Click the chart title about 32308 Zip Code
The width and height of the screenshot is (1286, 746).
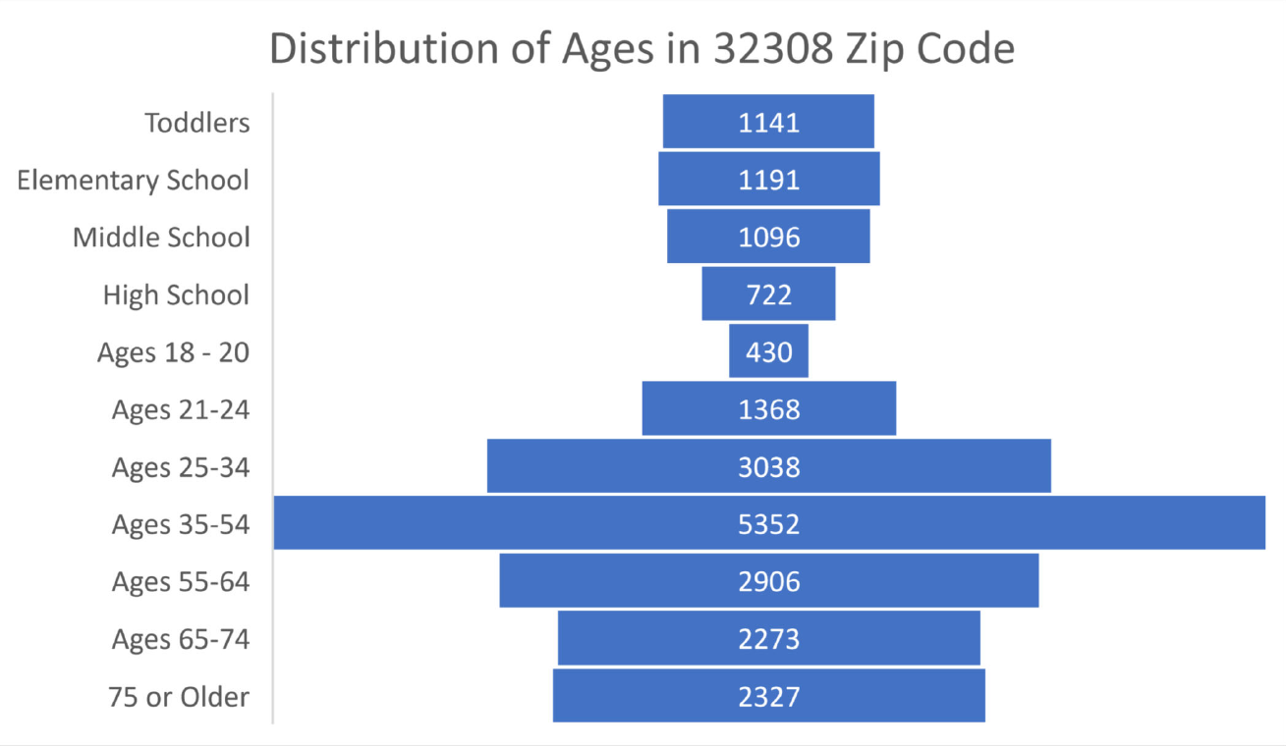(x=642, y=49)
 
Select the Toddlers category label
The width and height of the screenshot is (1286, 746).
(x=197, y=123)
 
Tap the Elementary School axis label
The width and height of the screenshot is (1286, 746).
(x=133, y=180)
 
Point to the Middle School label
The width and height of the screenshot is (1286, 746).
(x=161, y=238)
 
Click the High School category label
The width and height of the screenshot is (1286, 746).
(x=176, y=294)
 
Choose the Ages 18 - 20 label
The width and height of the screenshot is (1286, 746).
(x=173, y=352)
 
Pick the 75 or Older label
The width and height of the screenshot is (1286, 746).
(x=179, y=697)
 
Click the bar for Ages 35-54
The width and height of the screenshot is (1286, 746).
(x=393, y=523)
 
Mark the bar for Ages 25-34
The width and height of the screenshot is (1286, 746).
(x=589, y=466)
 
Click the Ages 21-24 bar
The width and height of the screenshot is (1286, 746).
(x=688, y=408)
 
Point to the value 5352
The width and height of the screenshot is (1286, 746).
(x=769, y=524)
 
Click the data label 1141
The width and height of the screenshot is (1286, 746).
(x=769, y=123)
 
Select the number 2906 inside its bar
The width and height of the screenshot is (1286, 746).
(x=769, y=582)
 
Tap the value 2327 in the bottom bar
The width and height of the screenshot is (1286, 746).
(x=769, y=697)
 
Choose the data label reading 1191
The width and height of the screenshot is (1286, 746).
(x=769, y=180)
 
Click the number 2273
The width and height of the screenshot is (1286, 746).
(x=769, y=640)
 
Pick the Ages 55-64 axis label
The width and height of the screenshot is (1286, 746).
(x=181, y=582)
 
